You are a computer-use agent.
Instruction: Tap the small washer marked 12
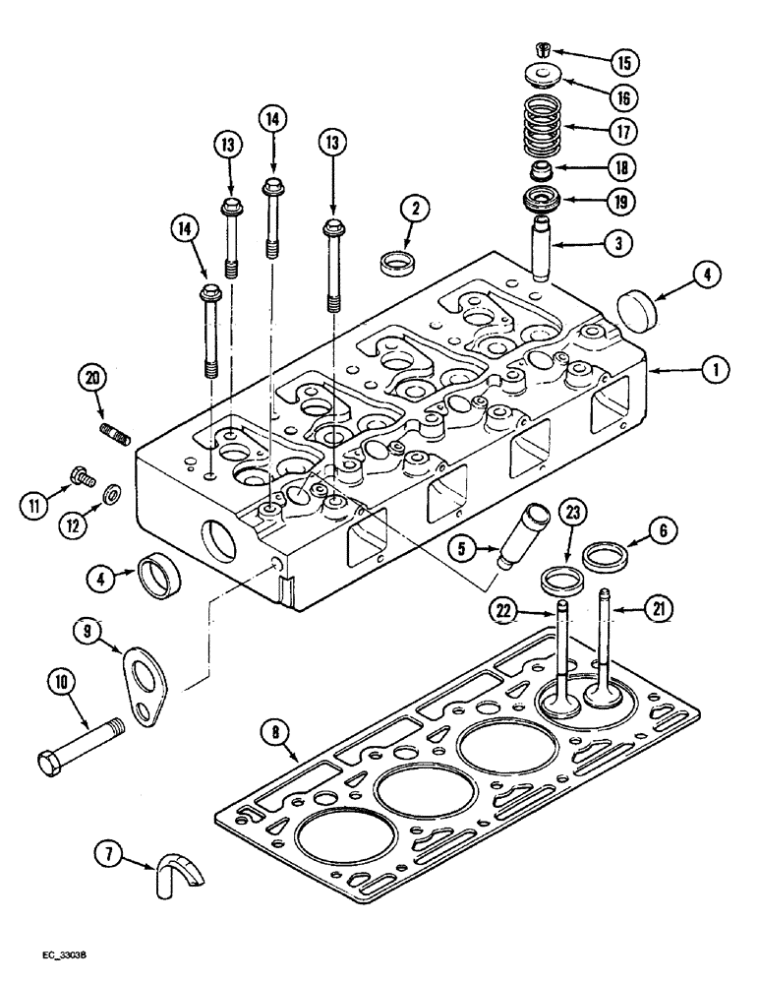pyautogui.click(x=112, y=492)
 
